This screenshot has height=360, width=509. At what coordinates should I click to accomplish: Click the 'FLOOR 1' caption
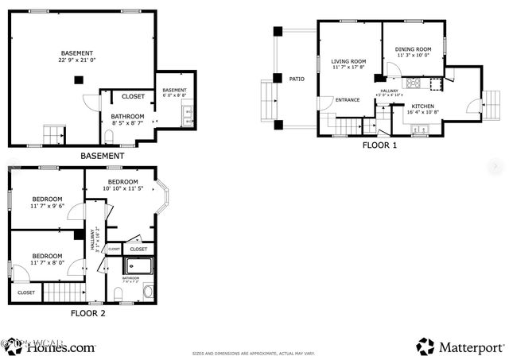click(x=379, y=145)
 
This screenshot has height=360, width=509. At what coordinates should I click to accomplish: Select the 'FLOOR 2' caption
click(x=87, y=312)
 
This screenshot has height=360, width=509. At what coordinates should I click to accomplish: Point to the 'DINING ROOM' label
click(x=413, y=50)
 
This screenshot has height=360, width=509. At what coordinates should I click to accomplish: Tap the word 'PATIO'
click(x=297, y=79)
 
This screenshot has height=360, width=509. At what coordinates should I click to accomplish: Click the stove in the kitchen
click(x=414, y=83)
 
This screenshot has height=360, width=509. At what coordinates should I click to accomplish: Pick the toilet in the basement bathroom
click(x=110, y=137)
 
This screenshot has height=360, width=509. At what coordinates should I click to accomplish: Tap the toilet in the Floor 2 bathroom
click(x=119, y=296)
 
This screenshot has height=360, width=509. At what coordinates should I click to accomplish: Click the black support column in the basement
click(x=77, y=79)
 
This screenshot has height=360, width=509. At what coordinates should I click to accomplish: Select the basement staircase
click(x=53, y=134)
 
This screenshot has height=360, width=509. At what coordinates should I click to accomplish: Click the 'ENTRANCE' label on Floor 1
click(x=348, y=100)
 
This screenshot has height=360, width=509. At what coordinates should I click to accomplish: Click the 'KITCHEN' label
click(x=422, y=106)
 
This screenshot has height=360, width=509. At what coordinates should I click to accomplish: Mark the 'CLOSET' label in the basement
click(x=133, y=97)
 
